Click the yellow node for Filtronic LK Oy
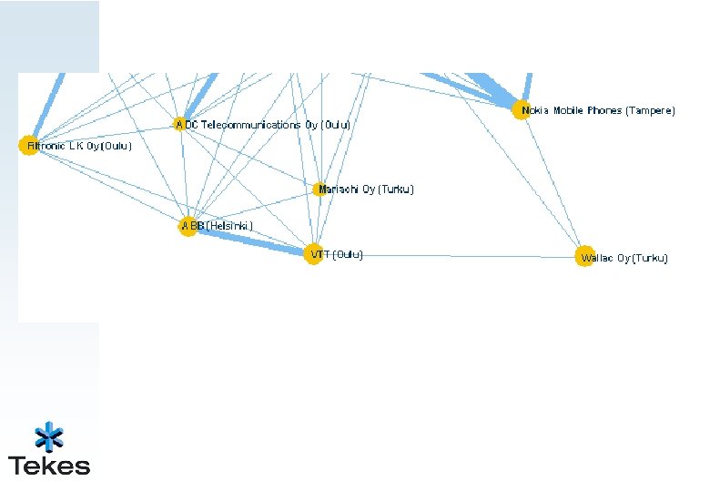tap(28, 146)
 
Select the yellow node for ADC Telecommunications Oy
tap(180, 124)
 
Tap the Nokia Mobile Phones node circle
tap(521, 110)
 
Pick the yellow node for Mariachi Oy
tap(319, 190)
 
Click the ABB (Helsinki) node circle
tap(188, 226)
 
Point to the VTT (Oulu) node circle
tap(313, 255)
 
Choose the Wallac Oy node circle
tap(584, 257)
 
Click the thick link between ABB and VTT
tap(250, 241)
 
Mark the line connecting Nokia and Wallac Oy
tap(553, 183)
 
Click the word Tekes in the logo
tap(49, 466)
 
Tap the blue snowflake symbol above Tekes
tap(49, 436)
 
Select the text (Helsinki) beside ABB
tap(230, 225)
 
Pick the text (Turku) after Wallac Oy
tap(650, 258)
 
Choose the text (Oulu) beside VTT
tap(348, 255)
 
